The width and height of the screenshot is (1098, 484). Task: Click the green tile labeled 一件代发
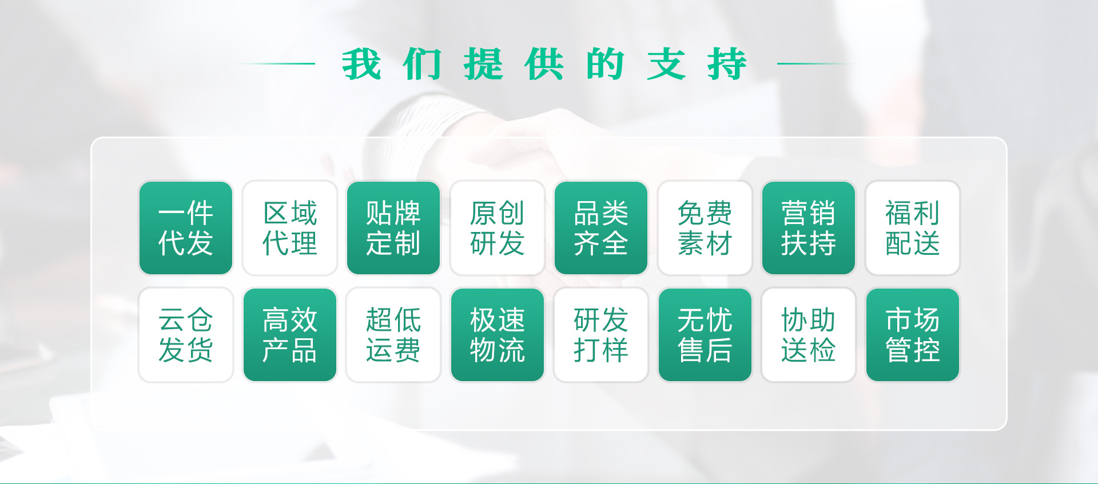pos(186,228)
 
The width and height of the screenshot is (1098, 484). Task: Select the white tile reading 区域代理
pos(290,228)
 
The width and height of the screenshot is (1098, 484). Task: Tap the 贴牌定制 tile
pos(393,228)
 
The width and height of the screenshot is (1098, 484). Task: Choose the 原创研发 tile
pos(498,228)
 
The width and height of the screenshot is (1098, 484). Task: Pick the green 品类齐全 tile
pos(601,228)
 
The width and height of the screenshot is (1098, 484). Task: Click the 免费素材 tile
pos(705,228)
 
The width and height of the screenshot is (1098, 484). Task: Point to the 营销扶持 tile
pos(809,228)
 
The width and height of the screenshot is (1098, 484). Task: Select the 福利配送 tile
pos(913,228)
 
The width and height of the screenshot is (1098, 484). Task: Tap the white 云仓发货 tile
pos(186,335)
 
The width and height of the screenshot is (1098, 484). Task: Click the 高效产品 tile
pos(290,335)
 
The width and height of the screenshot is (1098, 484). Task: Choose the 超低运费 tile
pos(393,335)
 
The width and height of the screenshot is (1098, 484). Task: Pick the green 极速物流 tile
pos(498,335)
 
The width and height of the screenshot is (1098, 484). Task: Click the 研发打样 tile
pos(601,335)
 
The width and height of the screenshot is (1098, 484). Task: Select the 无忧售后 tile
pos(705,335)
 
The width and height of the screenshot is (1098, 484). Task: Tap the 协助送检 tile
pos(809,335)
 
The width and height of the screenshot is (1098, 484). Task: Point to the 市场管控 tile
pos(913,335)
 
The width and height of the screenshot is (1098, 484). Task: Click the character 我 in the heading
pos(361,64)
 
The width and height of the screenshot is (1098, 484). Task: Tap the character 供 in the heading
pos(544,64)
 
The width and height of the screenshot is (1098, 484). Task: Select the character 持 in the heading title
pos(727,64)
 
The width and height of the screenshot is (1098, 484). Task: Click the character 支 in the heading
pos(666,64)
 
